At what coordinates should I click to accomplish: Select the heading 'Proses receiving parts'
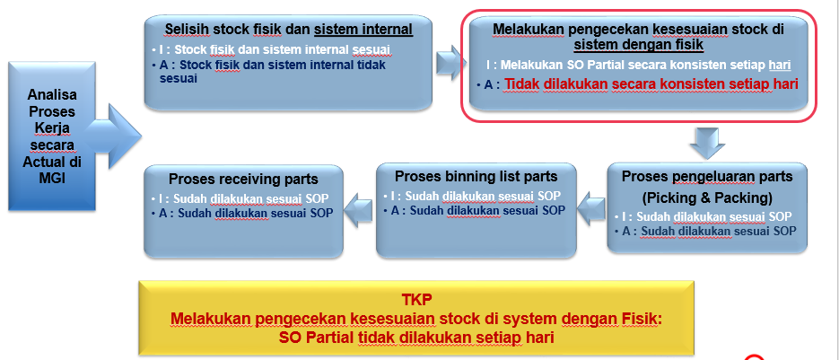pyautogui.click(x=243, y=179)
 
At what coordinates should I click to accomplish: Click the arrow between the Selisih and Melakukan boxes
pyautogui.click(x=450, y=62)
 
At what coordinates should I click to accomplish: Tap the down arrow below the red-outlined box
pyautogui.click(x=708, y=141)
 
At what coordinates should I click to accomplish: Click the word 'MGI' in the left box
pyautogui.click(x=48, y=178)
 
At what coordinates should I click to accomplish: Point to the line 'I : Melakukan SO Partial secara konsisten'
pyautogui.click(x=638, y=66)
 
